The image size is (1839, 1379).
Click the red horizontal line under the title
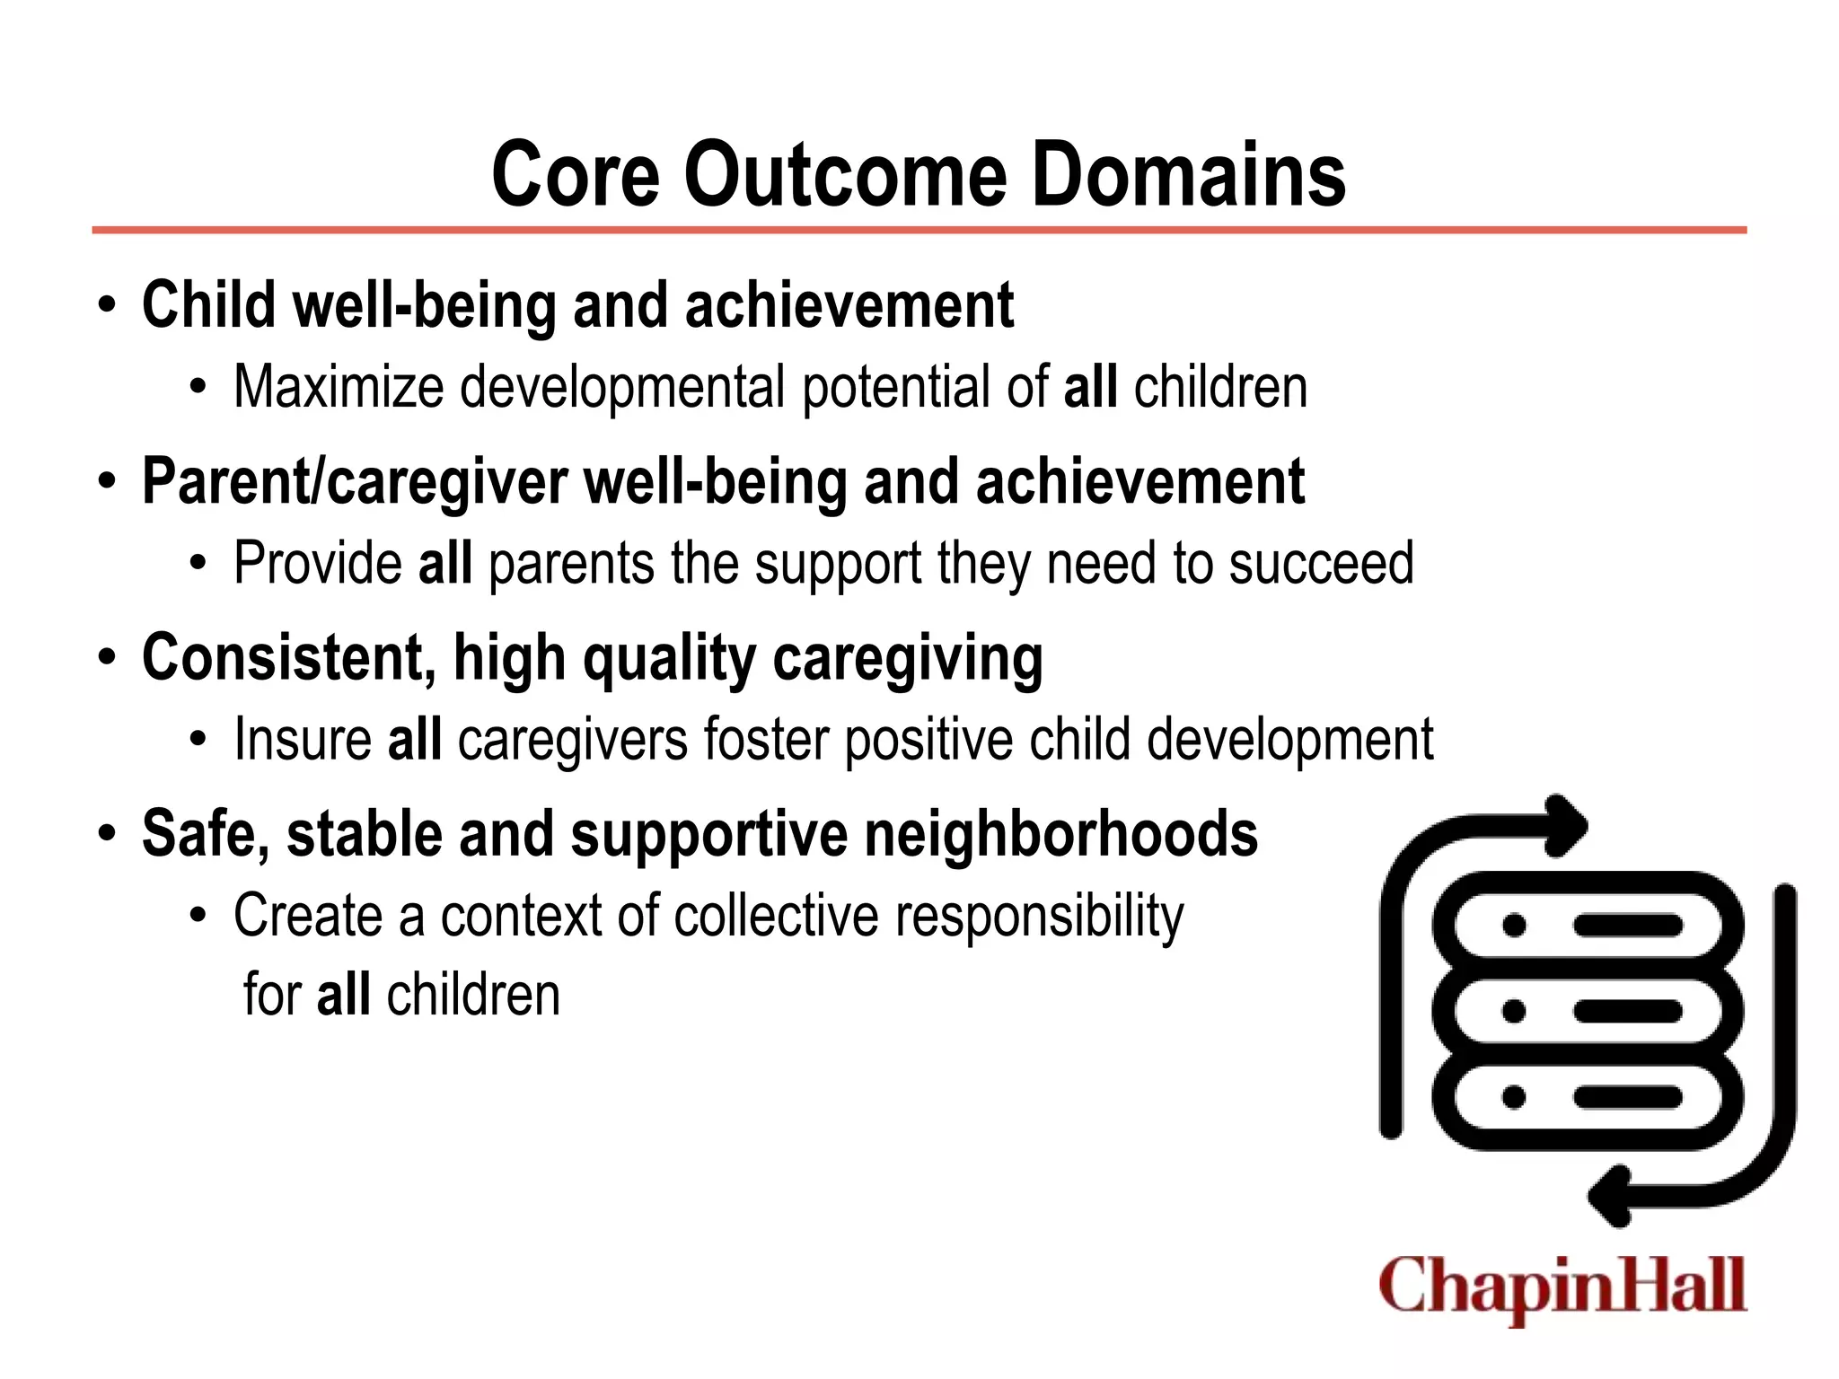(x=919, y=231)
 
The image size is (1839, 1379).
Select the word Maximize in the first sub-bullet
(x=339, y=387)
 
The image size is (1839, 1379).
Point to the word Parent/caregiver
(x=355, y=482)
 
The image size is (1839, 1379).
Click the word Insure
(x=303, y=739)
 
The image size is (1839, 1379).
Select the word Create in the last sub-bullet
(x=308, y=916)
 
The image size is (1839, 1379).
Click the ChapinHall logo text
(x=1562, y=1287)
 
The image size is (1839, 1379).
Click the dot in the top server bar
(x=1514, y=926)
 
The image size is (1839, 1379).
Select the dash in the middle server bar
(x=1627, y=1012)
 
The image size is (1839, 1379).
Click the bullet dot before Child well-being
(x=108, y=305)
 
